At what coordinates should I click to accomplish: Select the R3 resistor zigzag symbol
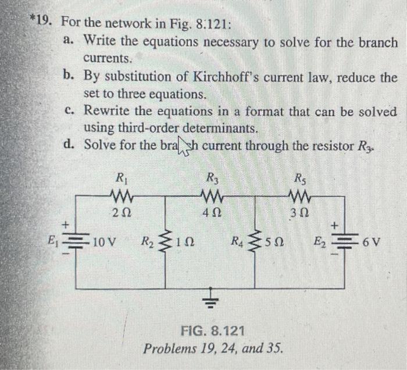click(210, 193)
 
